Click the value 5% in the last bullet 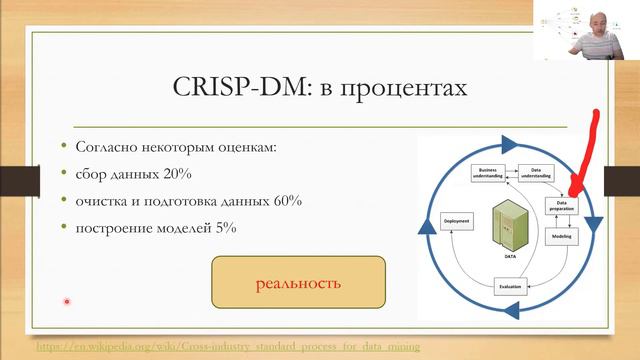tap(222, 228)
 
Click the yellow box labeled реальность tap(298, 282)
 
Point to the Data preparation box tap(561, 207)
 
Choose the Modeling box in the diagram tap(561, 239)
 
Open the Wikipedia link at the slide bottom tap(228, 346)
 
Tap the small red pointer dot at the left tap(66, 301)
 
